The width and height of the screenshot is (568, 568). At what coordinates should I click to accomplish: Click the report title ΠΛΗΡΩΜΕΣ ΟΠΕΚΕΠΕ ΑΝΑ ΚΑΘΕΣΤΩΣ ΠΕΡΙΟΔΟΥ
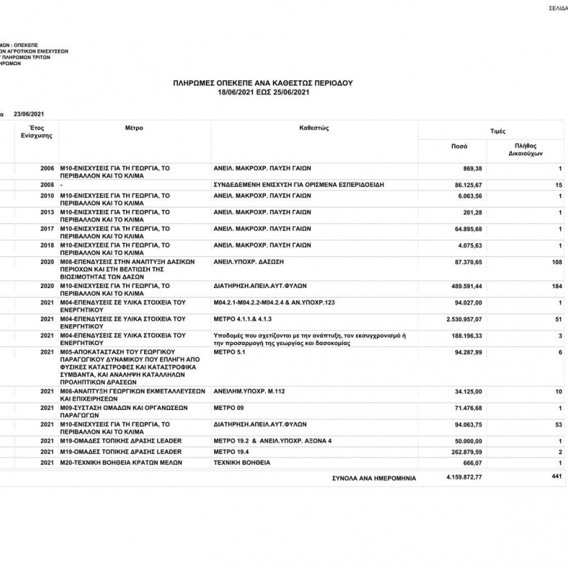(263, 82)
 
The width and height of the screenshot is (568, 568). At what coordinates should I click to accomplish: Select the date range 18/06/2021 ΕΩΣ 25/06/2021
(263, 91)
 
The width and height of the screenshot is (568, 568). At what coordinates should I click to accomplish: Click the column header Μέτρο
(134, 128)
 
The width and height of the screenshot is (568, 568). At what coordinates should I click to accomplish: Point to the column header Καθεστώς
(313, 128)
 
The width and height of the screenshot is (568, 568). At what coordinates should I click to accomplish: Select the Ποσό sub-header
(459, 146)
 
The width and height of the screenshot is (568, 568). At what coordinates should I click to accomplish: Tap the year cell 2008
(47, 185)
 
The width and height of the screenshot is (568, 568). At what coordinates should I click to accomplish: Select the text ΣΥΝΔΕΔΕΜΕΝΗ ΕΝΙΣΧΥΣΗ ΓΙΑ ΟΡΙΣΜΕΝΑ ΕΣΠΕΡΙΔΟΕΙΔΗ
(299, 185)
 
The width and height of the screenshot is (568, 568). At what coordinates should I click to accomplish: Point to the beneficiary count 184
(556, 285)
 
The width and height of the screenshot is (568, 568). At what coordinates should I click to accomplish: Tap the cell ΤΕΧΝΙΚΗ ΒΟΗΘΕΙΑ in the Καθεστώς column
(242, 462)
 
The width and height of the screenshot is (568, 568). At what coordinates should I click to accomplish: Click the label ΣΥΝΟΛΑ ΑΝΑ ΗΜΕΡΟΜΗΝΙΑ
(374, 478)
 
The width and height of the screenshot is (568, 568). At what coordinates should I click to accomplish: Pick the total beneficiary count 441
(556, 476)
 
